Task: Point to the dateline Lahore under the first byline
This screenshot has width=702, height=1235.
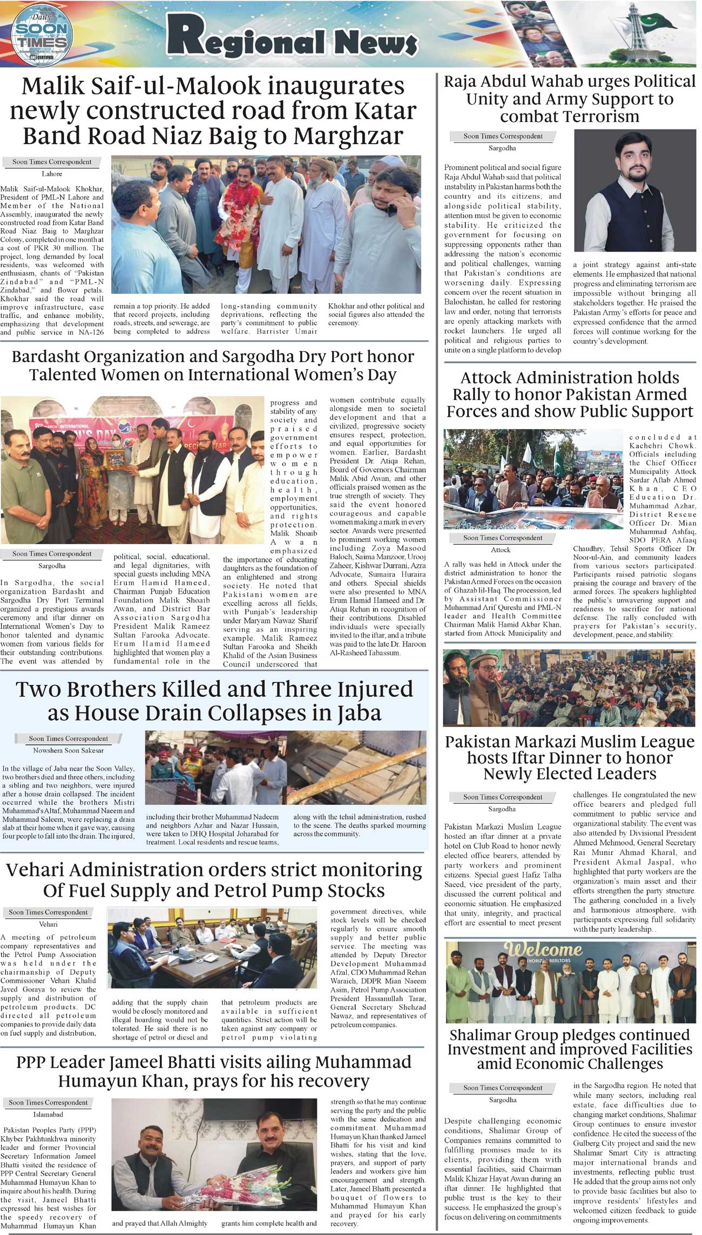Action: (52, 174)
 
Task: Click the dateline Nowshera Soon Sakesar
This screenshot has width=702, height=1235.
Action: (68, 750)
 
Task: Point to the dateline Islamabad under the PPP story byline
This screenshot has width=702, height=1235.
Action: (48, 1114)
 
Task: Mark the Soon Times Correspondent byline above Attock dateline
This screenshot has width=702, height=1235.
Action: (503, 538)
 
